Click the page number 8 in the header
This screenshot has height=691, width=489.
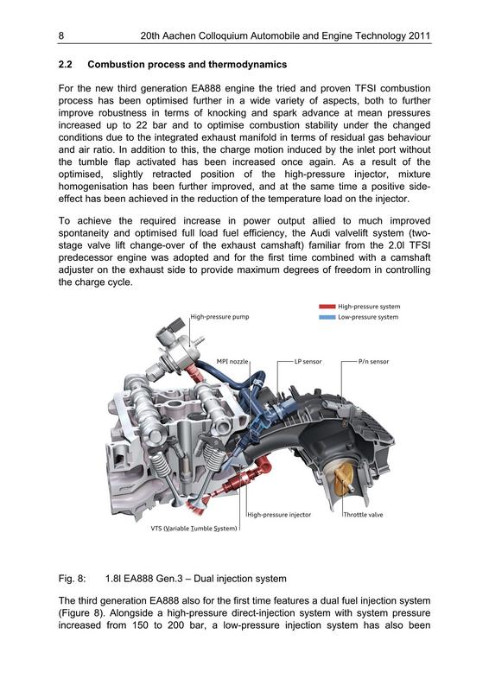[60, 36]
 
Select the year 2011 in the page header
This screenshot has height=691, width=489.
[419, 36]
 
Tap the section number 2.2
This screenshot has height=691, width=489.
[66, 64]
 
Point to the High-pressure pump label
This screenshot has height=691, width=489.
[219, 316]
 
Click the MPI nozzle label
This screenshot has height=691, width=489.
[232, 361]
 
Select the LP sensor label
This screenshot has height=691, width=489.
[308, 361]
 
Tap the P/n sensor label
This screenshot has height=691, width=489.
[373, 361]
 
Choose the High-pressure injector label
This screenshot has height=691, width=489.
[279, 515]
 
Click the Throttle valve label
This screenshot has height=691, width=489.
[364, 515]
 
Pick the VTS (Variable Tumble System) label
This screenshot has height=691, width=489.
[194, 529]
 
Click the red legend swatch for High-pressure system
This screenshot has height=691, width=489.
[327, 307]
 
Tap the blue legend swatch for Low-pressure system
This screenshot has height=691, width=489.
[327, 317]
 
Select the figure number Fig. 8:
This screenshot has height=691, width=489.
[72, 579]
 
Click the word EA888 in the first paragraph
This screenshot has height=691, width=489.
[206, 88]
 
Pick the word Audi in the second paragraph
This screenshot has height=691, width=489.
[321, 232]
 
